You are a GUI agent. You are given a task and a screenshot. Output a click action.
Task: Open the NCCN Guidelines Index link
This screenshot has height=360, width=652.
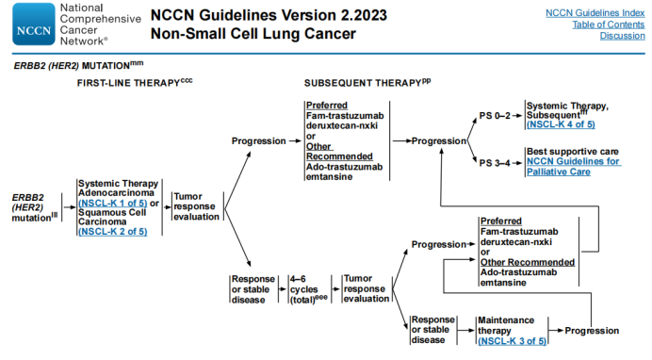pos(595,12)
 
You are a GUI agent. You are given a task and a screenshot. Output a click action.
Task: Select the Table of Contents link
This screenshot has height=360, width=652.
pos(609,25)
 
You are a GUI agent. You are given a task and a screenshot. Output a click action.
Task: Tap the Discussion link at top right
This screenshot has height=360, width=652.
pos(622,37)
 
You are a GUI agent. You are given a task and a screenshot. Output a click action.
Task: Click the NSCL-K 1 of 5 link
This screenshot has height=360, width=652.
pos(111,203)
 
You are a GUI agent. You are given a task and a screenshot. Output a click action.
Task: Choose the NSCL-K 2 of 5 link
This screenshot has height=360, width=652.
pos(111,231)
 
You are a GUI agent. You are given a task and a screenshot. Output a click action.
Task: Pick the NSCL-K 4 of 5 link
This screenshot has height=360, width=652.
pos(560,124)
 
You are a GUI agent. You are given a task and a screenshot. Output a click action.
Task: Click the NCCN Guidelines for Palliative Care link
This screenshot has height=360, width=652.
pos(573,166)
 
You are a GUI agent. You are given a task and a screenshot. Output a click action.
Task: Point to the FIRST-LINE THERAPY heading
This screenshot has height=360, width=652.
pos(129,84)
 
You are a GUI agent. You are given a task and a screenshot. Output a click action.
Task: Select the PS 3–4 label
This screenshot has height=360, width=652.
pos(495,161)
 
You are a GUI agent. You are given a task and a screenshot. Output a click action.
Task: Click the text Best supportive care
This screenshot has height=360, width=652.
pos(573,151)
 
